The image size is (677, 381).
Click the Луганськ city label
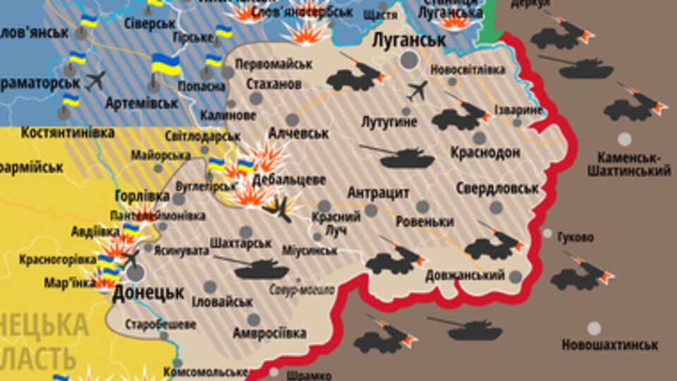coord(409,40)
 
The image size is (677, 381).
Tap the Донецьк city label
coord(148,291)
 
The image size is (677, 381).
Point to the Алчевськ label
coord(299,133)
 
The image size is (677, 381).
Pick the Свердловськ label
coord(497,188)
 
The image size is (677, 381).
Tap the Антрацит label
coord(379,192)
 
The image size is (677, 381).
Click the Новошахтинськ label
coord(610,345)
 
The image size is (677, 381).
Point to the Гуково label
coord(575,237)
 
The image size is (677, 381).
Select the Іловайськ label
coord(222,301)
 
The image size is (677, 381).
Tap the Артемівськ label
coord(141,103)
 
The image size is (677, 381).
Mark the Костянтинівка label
coord(68,133)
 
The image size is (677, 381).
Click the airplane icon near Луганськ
coord(417,90)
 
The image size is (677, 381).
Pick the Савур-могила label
coord(301,289)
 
